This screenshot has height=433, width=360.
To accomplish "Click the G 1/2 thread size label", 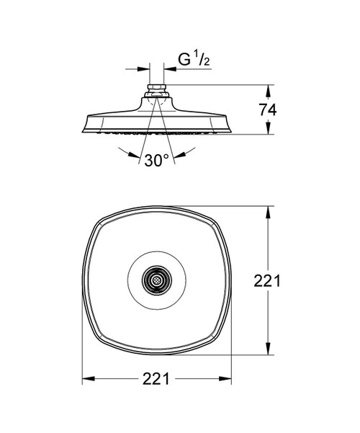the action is pos(194,59).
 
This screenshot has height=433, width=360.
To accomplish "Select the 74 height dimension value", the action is pos(268,110).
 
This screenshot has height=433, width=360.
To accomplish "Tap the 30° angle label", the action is pos(156,161).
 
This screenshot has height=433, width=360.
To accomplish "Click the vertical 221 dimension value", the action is pos(267,281).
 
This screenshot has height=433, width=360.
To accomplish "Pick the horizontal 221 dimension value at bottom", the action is pos(156,379).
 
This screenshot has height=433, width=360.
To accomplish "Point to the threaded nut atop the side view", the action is pos(156,88).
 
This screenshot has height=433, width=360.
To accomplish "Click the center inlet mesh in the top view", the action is pos(157,280).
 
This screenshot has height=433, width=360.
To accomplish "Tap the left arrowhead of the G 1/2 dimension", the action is pos(143,68).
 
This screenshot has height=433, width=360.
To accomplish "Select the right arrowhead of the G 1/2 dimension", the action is pos(170,68).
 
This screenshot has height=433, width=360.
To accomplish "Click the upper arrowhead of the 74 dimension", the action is pos(268,91).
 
